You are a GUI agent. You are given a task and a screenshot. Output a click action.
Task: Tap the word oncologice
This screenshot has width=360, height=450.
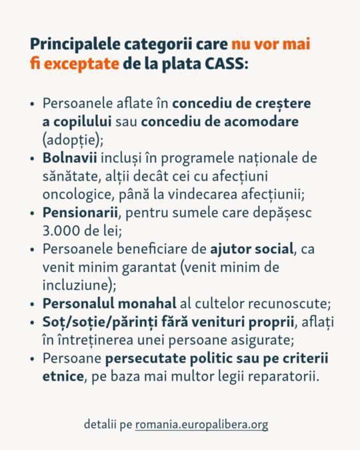tap(75, 193)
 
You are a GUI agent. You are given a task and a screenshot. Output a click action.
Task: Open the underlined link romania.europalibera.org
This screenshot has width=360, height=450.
tap(201, 424)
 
